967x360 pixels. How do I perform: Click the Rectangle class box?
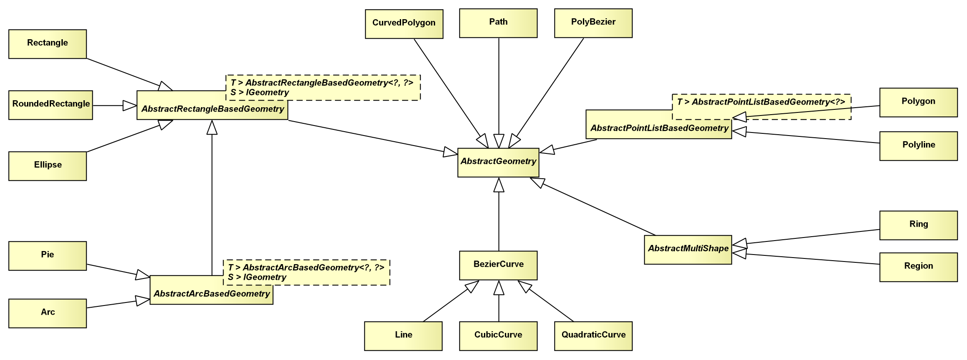coord(48,44)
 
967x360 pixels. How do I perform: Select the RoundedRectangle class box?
coord(51,105)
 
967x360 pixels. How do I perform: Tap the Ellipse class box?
coord(48,166)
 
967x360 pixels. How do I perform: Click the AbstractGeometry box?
coord(498,163)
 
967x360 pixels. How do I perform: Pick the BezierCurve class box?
coord(498,265)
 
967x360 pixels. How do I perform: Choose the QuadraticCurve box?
coord(593,336)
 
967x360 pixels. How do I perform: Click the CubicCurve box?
coord(498,336)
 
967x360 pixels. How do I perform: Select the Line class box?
coord(403,336)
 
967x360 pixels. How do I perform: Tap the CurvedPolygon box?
coord(404,24)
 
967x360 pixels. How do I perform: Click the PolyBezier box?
coord(593,23)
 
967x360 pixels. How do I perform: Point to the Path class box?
coord(498,23)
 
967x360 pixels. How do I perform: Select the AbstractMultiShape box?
coord(688,250)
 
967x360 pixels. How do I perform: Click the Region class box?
coord(919,267)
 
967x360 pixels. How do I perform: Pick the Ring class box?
coord(919,225)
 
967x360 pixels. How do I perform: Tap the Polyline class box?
coord(919,146)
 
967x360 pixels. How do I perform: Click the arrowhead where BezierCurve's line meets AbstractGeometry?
coord(499,185)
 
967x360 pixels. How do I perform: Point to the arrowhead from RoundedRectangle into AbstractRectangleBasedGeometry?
coord(129,105)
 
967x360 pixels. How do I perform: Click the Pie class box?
coord(48,256)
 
